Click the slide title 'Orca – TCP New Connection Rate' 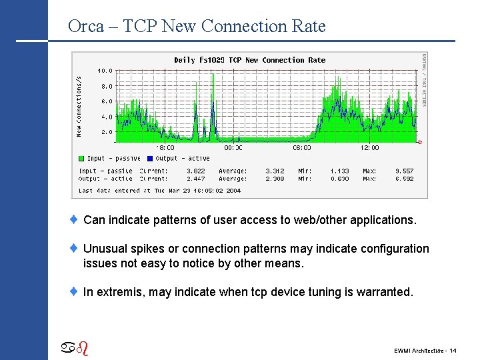point(197,27)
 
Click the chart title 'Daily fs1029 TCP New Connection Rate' point(249,60)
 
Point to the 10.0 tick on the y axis point(105,70)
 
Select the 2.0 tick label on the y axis point(107,132)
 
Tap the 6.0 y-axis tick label point(107,101)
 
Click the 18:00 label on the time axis point(165,148)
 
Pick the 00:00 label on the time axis point(233,148)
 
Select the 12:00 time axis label point(369,148)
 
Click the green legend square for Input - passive point(81,159)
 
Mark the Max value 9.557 point(404,171)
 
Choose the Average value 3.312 point(275,171)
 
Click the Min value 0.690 point(340,179)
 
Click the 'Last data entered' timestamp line point(159,191)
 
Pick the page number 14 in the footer point(453,351)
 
